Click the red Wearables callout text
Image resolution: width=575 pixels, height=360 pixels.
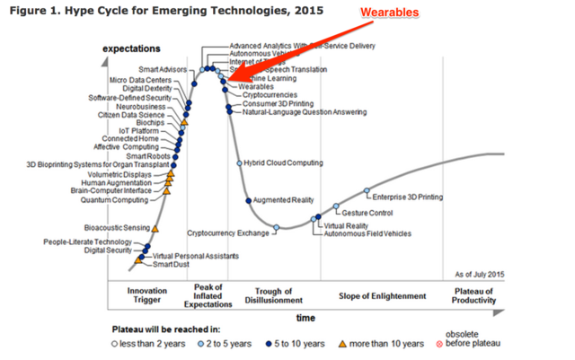(393, 13)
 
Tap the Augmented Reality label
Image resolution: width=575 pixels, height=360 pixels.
(285, 199)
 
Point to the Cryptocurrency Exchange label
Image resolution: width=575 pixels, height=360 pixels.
(228, 233)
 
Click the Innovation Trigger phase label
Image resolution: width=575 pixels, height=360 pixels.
(147, 295)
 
